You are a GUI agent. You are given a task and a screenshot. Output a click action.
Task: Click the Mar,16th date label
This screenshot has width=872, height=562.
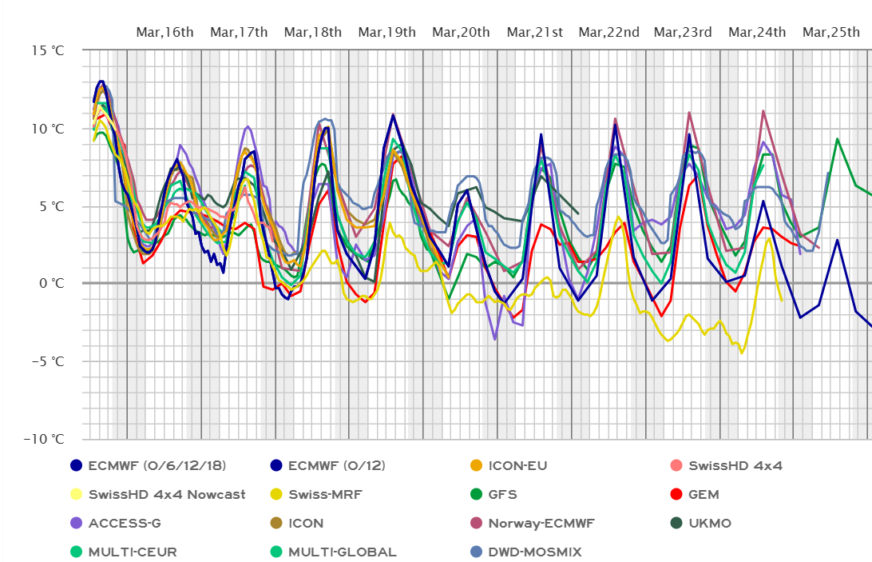(x=164, y=32)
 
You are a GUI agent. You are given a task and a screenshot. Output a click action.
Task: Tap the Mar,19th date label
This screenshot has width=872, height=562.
(x=386, y=32)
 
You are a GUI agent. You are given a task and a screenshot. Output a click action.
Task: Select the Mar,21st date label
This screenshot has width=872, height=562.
(x=535, y=32)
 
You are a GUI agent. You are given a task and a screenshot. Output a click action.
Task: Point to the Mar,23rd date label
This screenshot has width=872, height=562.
(x=683, y=32)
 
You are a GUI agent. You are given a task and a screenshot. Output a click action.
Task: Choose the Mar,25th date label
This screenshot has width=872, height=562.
(x=830, y=32)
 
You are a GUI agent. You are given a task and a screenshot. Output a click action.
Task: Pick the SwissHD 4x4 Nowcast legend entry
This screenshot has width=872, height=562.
(x=167, y=495)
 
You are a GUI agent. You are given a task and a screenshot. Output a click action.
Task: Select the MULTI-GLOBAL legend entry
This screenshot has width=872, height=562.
(x=342, y=552)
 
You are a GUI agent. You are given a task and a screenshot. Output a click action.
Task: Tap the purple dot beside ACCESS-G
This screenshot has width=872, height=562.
(x=76, y=524)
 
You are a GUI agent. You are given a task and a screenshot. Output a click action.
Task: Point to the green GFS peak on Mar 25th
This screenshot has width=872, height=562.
(x=837, y=138)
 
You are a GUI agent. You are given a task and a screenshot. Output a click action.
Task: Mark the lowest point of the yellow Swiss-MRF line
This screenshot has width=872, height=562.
(x=742, y=353)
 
